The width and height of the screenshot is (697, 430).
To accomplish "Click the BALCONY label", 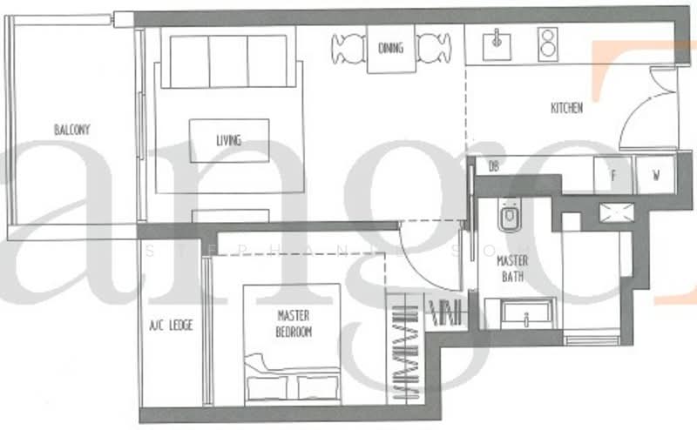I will click(x=72, y=130).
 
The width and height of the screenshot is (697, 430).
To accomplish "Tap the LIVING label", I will click(x=228, y=140).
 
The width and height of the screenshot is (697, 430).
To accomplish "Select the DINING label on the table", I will click(x=391, y=48).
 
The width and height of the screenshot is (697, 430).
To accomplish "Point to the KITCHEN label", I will click(x=566, y=109).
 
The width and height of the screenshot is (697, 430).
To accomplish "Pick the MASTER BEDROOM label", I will click(x=294, y=324).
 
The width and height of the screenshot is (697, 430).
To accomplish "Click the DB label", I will click(x=493, y=166).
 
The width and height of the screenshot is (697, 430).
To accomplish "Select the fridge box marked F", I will click(x=613, y=175).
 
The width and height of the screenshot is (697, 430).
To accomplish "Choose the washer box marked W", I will click(x=655, y=175).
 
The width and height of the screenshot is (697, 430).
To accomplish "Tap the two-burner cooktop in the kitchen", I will click(x=547, y=42).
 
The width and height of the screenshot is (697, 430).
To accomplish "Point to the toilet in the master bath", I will click(x=509, y=218).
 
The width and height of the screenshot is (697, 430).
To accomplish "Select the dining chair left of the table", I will click(x=348, y=47).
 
